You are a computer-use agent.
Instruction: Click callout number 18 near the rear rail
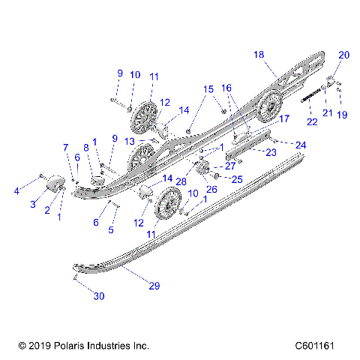(259, 55)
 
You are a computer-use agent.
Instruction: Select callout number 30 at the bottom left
(98, 296)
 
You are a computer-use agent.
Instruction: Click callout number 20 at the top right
(344, 55)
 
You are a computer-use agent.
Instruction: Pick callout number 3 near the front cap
(33, 204)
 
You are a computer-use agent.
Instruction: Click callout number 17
(283, 118)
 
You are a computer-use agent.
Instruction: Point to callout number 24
(301, 144)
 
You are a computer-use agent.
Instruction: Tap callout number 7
(66, 147)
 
